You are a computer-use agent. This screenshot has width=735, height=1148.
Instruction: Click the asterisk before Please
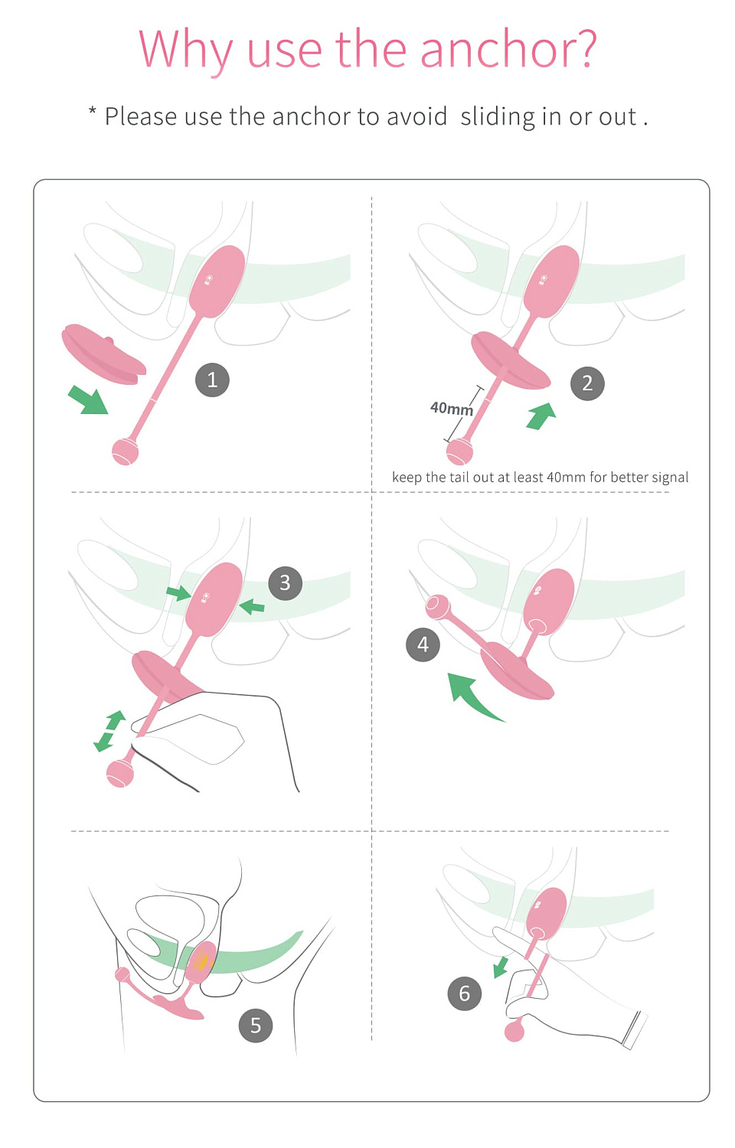click(93, 111)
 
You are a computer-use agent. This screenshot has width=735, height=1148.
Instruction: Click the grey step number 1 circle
click(212, 380)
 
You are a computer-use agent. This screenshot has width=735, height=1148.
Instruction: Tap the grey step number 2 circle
click(587, 383)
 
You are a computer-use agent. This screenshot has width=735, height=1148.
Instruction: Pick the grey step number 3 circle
click(286, 582)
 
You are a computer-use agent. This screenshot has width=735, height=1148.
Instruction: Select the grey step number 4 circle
click(423, 644)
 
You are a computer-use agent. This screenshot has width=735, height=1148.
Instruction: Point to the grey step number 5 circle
click(256, 1026)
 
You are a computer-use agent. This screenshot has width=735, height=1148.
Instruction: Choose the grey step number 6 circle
click(465, 993)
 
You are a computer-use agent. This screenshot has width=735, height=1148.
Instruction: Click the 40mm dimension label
click(451, 409)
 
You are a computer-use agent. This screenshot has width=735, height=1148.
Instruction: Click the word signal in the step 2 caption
click(670, 478)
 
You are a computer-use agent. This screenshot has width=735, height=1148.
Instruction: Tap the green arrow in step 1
click(88, 400)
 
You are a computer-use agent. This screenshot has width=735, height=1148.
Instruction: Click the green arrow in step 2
click(541, 416)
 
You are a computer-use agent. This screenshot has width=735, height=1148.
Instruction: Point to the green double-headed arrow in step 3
click(109, 731)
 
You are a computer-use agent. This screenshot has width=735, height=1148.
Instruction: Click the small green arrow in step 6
click(501, 967)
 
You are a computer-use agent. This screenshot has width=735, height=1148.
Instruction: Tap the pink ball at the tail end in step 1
click(125, 452)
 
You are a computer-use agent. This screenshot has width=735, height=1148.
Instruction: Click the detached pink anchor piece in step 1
click(103, 354)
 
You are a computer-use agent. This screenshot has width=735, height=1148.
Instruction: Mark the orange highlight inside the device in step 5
click(204, 960)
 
